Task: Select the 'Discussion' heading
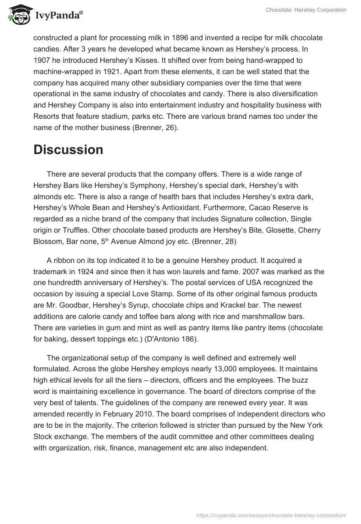click(x=68, y=150)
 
